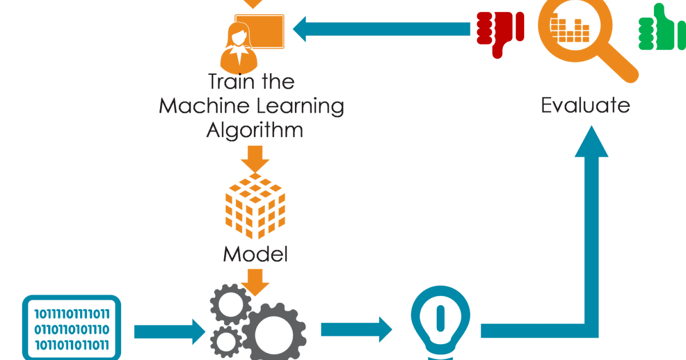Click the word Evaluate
[585, 105]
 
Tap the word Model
[255, 254]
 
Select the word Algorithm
[254, 130]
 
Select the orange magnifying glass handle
[620, 66]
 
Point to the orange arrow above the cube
[254, 157]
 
